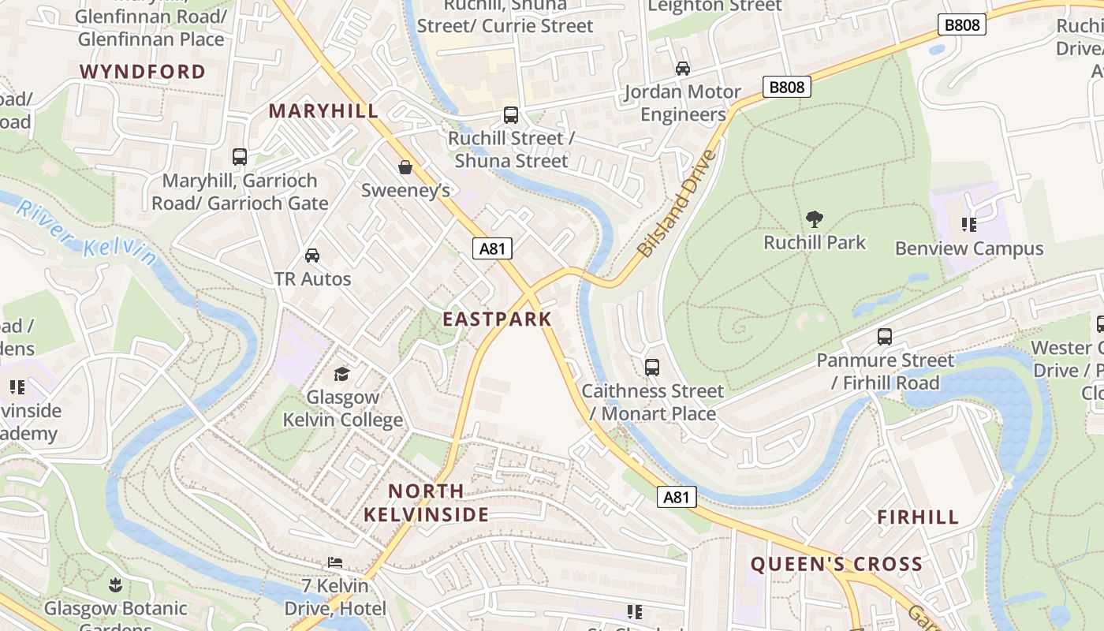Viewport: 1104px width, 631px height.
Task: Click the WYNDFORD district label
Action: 143,72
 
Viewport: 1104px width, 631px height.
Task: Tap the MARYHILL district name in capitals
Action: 324,111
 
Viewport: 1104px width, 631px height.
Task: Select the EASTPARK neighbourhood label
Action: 497,319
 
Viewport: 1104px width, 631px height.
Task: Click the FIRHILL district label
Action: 919,517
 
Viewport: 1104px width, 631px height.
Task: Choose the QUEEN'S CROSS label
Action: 836,565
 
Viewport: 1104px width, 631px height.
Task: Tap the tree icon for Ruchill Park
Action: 815,218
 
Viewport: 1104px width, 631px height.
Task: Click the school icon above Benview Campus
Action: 969,225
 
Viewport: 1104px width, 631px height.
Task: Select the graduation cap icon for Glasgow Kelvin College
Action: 341,373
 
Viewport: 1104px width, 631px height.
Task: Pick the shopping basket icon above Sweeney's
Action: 405,167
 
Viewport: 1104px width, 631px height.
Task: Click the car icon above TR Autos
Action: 312,256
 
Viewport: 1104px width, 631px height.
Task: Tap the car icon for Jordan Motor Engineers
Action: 683,69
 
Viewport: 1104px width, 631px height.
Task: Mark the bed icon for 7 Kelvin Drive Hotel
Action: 336,562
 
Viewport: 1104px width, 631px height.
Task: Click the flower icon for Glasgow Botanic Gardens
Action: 115,585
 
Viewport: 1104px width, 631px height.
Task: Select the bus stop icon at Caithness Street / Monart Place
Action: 651,367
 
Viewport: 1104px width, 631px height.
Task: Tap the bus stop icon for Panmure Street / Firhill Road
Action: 885,337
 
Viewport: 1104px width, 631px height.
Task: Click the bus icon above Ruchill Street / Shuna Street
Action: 511,115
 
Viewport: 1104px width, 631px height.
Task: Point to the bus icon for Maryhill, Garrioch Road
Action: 240,157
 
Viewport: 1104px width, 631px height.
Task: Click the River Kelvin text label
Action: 86,232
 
